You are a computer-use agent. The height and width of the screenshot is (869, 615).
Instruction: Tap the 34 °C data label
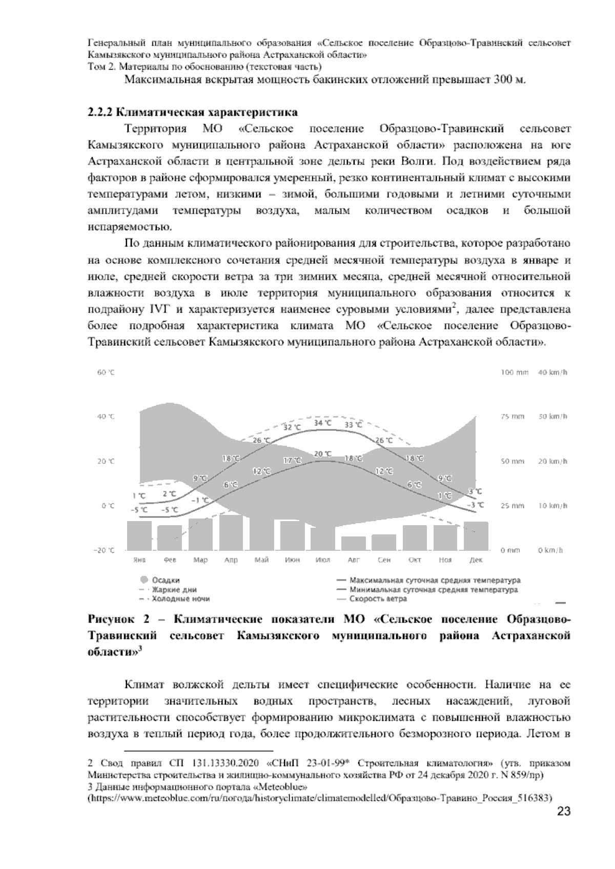point(322,423)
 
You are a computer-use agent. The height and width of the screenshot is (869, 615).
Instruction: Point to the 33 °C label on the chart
point(353,425)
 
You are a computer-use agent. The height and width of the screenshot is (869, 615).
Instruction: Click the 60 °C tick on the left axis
point(106,373)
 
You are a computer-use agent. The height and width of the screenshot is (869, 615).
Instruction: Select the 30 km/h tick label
point(552,417)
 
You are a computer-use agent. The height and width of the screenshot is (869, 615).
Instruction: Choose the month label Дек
point(476,560)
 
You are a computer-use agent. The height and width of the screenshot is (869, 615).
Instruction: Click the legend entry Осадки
point(166,580)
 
